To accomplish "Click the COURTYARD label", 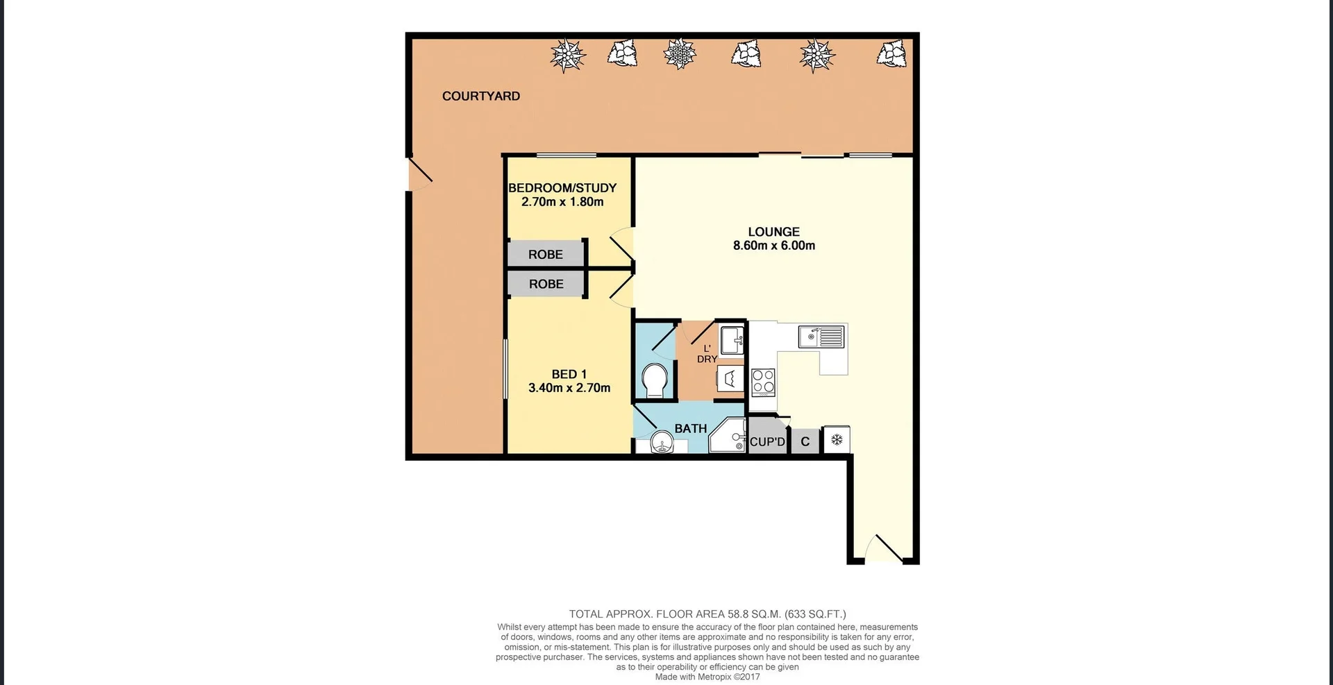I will [480, 96].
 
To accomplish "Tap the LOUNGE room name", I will [773, 232].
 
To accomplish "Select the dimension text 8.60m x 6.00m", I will [773, 246].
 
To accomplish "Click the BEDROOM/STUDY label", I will [562, 188].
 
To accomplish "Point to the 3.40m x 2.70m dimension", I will [569, 388].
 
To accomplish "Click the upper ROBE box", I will [546, 255].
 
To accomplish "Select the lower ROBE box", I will [546, 284].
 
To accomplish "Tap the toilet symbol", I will [655, 380].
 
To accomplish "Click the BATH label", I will [690, 429].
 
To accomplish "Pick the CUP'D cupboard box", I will [767, 441].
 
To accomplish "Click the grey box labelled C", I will [805, 441].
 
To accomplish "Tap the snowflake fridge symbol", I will [837, 440].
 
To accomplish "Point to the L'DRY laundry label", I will [707, 354].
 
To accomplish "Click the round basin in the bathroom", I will [664, 443].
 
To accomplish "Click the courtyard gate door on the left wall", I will [420, 173].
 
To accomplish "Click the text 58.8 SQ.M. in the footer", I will [754, 614].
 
